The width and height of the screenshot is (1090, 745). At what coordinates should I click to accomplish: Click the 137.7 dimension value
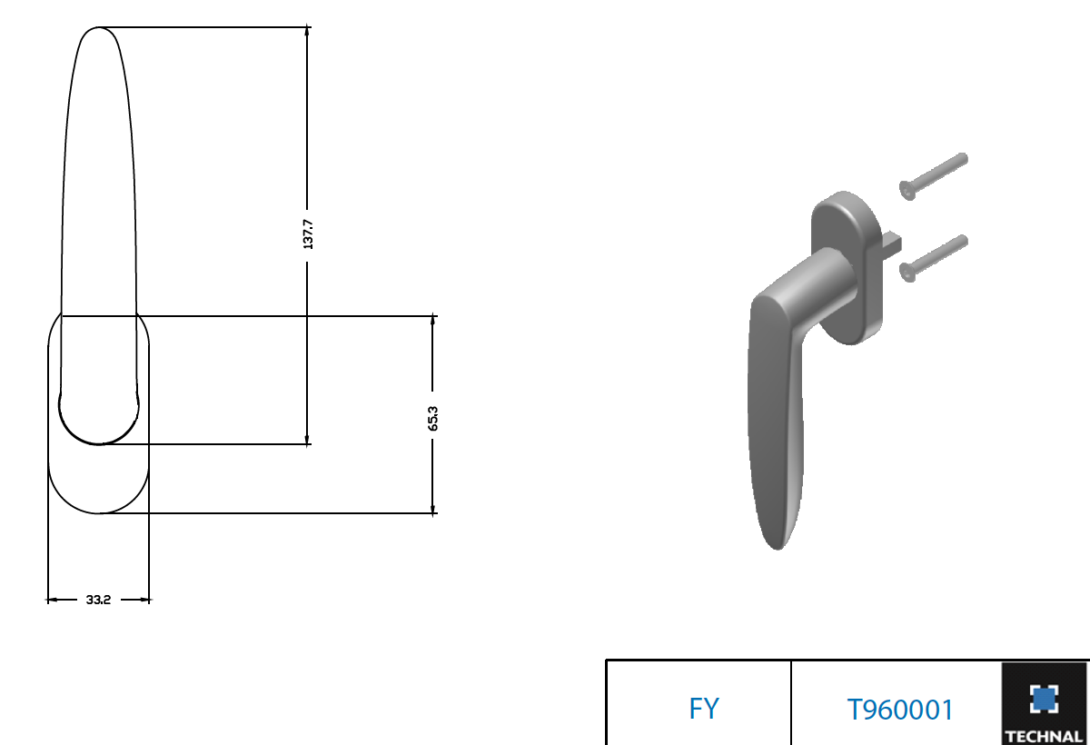point(308,234)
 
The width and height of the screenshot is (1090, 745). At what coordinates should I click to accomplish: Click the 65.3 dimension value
point(432,419)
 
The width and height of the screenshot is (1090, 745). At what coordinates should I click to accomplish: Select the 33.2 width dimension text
point(98,600)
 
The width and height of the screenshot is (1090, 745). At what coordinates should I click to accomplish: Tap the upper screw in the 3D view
point(934,176)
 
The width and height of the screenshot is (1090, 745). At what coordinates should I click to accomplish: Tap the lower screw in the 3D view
point(934,258)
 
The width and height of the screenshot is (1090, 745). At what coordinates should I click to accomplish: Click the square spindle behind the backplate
point(892,243)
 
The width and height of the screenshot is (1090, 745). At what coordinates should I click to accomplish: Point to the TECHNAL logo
point(1045,703)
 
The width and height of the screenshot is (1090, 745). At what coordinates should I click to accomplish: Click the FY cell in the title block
point(704,709)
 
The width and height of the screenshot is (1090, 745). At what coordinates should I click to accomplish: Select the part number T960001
point(900,710)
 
